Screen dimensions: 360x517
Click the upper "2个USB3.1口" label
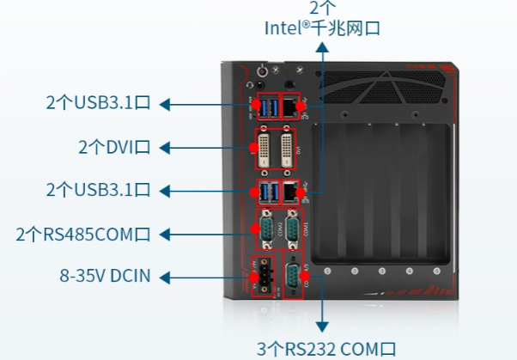pyautogui.click(x=99, y=104)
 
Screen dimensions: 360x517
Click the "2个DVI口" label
pyautogui.click(x=113, y=147)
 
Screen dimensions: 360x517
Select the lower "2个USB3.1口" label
pyautogui.click(x=99, y=189)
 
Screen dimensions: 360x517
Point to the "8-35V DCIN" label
pyautogui.click(x=105, y=277)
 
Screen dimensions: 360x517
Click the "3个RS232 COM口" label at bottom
pyautogui.click(x=327, y=348)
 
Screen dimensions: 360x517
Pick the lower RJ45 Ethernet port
pyautogui.click(x=292, y=191)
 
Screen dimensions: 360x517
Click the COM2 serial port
pyautogui.click(x=268, y=229)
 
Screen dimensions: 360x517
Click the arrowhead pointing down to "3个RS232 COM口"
pyautogui.click(x=323, y=327)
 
